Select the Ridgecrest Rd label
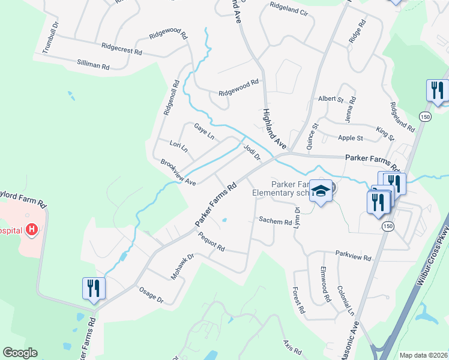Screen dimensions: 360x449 pyautogui.click(x=121, y=49)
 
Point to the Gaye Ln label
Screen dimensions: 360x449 pyautogui.click(x=204, y=131)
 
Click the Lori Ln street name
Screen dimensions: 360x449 pyautogui.click(x=178, y=146)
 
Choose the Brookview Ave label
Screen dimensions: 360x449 pyautogui.click(x=178, y=172)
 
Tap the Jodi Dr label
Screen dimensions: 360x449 pyautogui.click(x=252, y=150)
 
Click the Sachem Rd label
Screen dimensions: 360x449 pyautogui.click(x=275, y=221)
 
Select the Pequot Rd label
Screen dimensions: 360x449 pyautogui.click(x=211, y=244)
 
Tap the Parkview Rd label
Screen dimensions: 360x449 pyautogui.click(x=353, y=256)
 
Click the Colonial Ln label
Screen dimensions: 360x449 pyautogui.click(x=346, y=300)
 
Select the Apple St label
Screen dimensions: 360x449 pyautogui.click(x=351, y=138)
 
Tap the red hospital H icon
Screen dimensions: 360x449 pyautogui.click(x=32, y=230)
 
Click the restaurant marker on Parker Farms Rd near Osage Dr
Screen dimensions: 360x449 pyautogui.click(x=94, y=288)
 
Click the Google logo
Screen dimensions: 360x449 pyautogui.click(x=20, y=353)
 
